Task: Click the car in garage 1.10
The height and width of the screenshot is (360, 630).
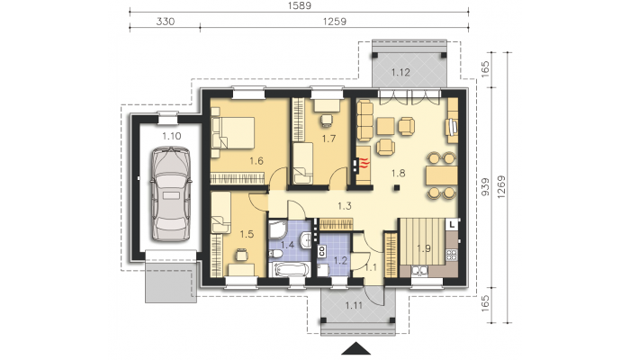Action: [x=171, y=194]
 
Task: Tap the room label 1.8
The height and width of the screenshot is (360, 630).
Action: [x=398, y=174]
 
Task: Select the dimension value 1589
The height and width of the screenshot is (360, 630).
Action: [x=299, y=5]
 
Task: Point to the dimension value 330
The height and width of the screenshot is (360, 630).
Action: [x=165, y=22]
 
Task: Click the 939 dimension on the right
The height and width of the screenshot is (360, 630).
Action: [x=485, y=187]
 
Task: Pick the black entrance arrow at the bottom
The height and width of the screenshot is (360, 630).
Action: [x=355, y=349]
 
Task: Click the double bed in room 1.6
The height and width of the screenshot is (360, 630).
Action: [x=233, y=132]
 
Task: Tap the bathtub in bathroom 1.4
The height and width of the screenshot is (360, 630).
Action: [x=289, y=269]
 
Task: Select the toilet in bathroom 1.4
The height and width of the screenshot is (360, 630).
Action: [x=275, y=254]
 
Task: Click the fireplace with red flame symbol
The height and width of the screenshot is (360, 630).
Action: [x=363, y=164]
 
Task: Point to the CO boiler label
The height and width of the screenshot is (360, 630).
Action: [x=322, y=251]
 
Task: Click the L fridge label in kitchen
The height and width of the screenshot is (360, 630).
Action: [x=453, y=225]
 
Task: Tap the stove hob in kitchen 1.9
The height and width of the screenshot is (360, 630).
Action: [x=452, y=255]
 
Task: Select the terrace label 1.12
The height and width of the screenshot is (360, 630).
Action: [x=400, y=72]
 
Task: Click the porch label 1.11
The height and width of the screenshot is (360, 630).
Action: [x=354, y=306]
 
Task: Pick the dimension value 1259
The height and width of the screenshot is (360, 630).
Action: [x=334, y=22]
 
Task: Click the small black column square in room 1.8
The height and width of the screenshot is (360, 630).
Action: [x=397, y=187]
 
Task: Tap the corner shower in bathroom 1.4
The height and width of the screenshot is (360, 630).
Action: [x=277, y=230]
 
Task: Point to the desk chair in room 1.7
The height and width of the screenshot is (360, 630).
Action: [x=326, y=120]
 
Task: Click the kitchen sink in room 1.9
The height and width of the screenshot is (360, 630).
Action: [x=419, y=271]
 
